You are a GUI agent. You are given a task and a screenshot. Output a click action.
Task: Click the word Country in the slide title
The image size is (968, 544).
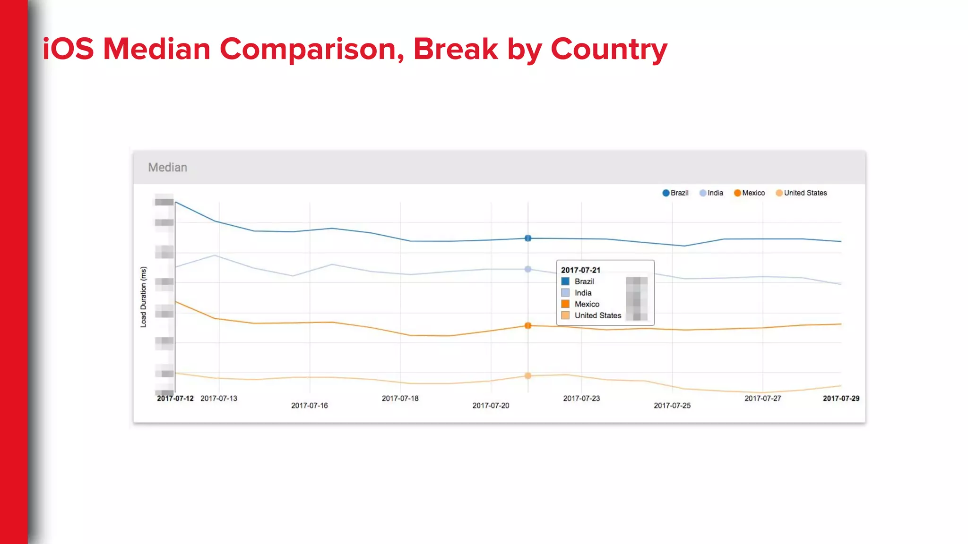pyautogui.click(x=609, y=49)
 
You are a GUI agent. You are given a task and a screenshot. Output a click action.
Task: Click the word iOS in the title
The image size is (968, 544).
pyautogui.click(x=68, y=49)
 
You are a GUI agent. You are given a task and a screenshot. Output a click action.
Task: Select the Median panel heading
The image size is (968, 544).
pyautogui.click(x=167, y=168)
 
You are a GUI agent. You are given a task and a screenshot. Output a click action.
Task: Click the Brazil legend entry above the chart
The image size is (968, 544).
pyautogui.click(x=675, y=193)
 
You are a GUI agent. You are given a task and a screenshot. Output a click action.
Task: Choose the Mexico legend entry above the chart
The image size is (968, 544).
pyautogui.click(x=749, y=193)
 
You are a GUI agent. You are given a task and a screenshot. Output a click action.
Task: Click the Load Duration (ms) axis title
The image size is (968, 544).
pyautogui.click(x=144, y=297)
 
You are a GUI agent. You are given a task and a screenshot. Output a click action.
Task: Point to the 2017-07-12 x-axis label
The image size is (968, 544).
pyautogui.click(x=175, y=399)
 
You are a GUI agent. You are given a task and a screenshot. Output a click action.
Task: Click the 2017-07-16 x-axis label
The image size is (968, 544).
pyautogui.click(x=309, y=406)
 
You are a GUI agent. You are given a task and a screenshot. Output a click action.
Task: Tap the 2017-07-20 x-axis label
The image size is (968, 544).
pyautogui.click(x=491, y=406)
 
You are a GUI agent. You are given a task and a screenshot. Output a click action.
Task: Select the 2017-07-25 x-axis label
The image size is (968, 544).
pyautogui.click(x=672, y=406)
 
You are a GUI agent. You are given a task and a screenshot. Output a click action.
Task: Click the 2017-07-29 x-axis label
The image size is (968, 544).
pyautogui.click(x=841, y=399)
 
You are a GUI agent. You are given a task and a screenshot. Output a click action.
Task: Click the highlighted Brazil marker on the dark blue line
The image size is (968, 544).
pyautogui.click(x=528, y=238)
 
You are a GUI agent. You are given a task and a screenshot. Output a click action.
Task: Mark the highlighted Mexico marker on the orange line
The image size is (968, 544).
pyautogui.click(x=528, y=326)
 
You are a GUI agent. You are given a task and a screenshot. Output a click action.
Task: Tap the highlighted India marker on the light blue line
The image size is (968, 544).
pyautogui.click(x=528, y=269)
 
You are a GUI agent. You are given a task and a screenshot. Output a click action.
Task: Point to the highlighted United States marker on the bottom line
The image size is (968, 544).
pyautogui.click(x=528, y=376)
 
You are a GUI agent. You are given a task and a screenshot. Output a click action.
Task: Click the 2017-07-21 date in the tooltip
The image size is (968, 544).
pyautogui.click(x=580, y=270)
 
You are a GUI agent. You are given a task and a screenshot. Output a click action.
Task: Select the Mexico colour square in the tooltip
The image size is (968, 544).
pyautogui.click(x=565, y=304)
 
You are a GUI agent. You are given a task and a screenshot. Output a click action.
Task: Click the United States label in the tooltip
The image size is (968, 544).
pyautogui.click(x=597, y=315)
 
